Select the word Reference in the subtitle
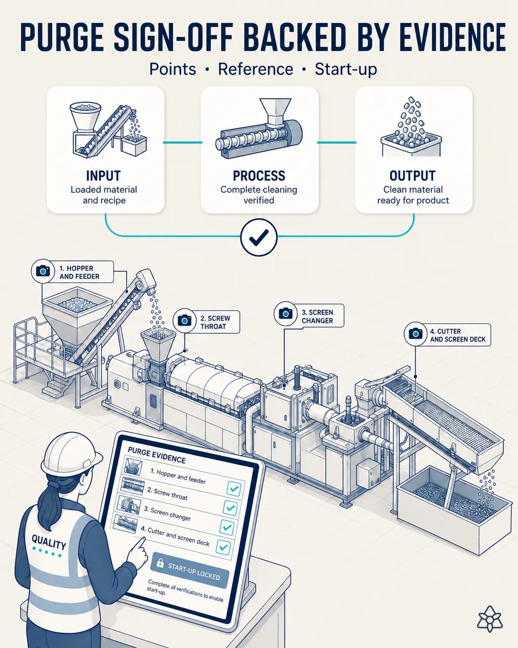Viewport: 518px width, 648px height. (x=255, y=69)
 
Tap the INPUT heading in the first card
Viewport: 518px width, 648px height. (x=103, y=176)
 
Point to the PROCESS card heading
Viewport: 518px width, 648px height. (x=259, y=176)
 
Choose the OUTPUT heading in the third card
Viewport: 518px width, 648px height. (x=412, y=176)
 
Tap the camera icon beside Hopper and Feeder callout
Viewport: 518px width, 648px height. (x=43, y=271)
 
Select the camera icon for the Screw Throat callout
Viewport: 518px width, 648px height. (x=185, y=321)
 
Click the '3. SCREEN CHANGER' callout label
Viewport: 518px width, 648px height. (x=317, y=316)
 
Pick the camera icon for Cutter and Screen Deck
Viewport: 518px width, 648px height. (x=415, y=333)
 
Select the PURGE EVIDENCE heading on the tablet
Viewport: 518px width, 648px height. (x=156, y=455)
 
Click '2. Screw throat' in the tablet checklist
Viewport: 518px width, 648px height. (x=167, y=494)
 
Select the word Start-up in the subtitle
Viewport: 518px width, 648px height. (x=345, y=70)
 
